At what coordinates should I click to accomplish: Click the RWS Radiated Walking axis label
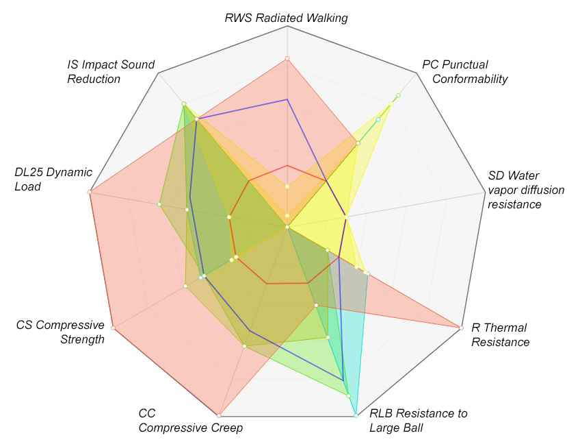(x=286, y=18)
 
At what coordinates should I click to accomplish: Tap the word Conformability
(x=470, y=79)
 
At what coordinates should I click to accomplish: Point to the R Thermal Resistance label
(x=500, y=334)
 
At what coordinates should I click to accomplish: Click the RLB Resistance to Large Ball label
(x=419, y=421)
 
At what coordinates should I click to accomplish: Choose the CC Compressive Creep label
(x=190, y=421)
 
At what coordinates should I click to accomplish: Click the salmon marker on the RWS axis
(x=287, y=58)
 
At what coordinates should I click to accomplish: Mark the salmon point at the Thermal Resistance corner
(x=458, y=328)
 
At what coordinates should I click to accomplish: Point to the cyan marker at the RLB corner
(x=356, y=415)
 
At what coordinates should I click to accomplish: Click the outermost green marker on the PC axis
(x=398, y=95)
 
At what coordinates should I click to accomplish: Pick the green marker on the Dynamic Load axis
(x=159, y=204)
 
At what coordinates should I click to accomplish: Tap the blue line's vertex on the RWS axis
(x=287, y=99)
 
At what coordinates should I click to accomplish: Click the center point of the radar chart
(x=287, y=226)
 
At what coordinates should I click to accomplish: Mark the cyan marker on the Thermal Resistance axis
(x=367, y=274)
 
